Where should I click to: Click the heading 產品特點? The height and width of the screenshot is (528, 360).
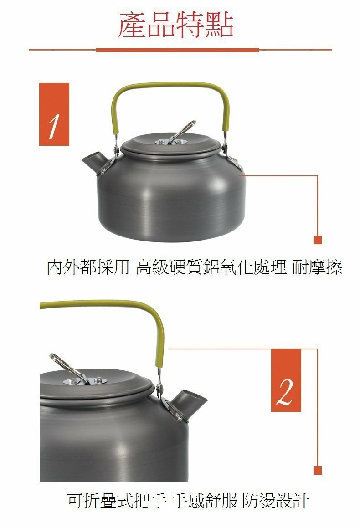click(176, 26)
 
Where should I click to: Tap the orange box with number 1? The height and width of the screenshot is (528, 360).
click(54, 114)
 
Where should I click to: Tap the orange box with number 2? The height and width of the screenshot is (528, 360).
click(286, 380)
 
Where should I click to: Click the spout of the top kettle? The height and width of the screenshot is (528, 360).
click(93, 161)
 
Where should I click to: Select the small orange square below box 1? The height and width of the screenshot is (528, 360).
click(318, 240)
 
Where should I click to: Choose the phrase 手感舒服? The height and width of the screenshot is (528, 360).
click(205, 501)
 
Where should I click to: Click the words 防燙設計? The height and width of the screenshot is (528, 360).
click(276, 501)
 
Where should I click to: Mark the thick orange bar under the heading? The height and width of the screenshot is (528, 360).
click(177, 50)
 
